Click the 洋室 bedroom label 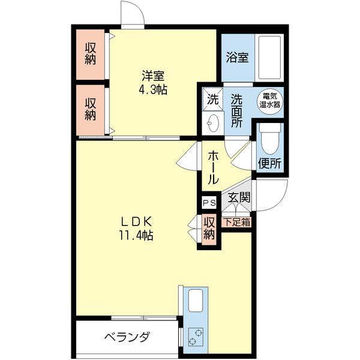(x=154, y=76)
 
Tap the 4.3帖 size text (x=154, y=90)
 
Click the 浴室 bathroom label (x=238, y=58)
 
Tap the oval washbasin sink (x=212, y=124)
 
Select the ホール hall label (x=213, y=167)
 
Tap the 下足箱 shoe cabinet (x=238, y=221)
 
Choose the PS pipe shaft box (x=208, y=203)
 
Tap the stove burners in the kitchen (x=196, y=337)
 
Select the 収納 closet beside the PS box (x=209, y=228)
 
